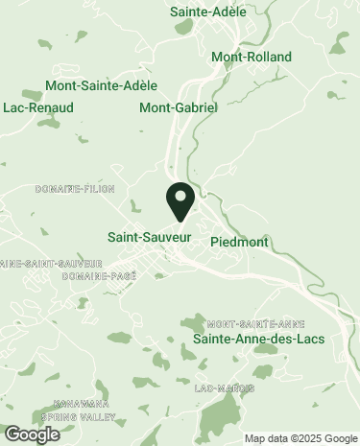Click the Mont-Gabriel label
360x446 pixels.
pos(179,107)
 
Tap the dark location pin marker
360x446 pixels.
pos(180,201)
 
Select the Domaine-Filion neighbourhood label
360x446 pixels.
pos(68,189)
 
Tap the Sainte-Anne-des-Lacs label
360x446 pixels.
pos(259,340)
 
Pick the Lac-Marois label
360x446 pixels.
pos(225,388)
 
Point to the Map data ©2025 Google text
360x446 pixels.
pos(300,439)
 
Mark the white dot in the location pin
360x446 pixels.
pos(180,196)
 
